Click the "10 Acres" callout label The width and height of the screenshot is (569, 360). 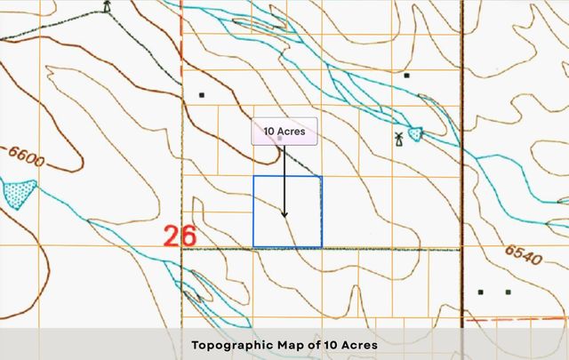[x=284, y=132]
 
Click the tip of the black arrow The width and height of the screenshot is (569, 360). [x=284, y=217]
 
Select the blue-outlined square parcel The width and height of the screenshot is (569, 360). [x=287, y=212]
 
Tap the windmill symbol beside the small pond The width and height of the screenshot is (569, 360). [x=399, y=138]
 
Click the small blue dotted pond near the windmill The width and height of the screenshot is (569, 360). [x=415, y=134]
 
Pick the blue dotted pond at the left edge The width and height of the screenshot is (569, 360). [x=18, y=192]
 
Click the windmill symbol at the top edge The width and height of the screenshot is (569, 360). [x=108, y=7]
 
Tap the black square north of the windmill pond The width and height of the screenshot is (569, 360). [x=406, y=76]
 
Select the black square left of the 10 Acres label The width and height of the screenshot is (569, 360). [x=202, y=93]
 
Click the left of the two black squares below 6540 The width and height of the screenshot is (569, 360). [x=481, y=292]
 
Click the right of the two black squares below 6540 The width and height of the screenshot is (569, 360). [x=508, y=292]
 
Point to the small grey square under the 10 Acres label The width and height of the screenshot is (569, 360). [x=280, y=140]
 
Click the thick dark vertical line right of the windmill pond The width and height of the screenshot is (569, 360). [x=462, y=133]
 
